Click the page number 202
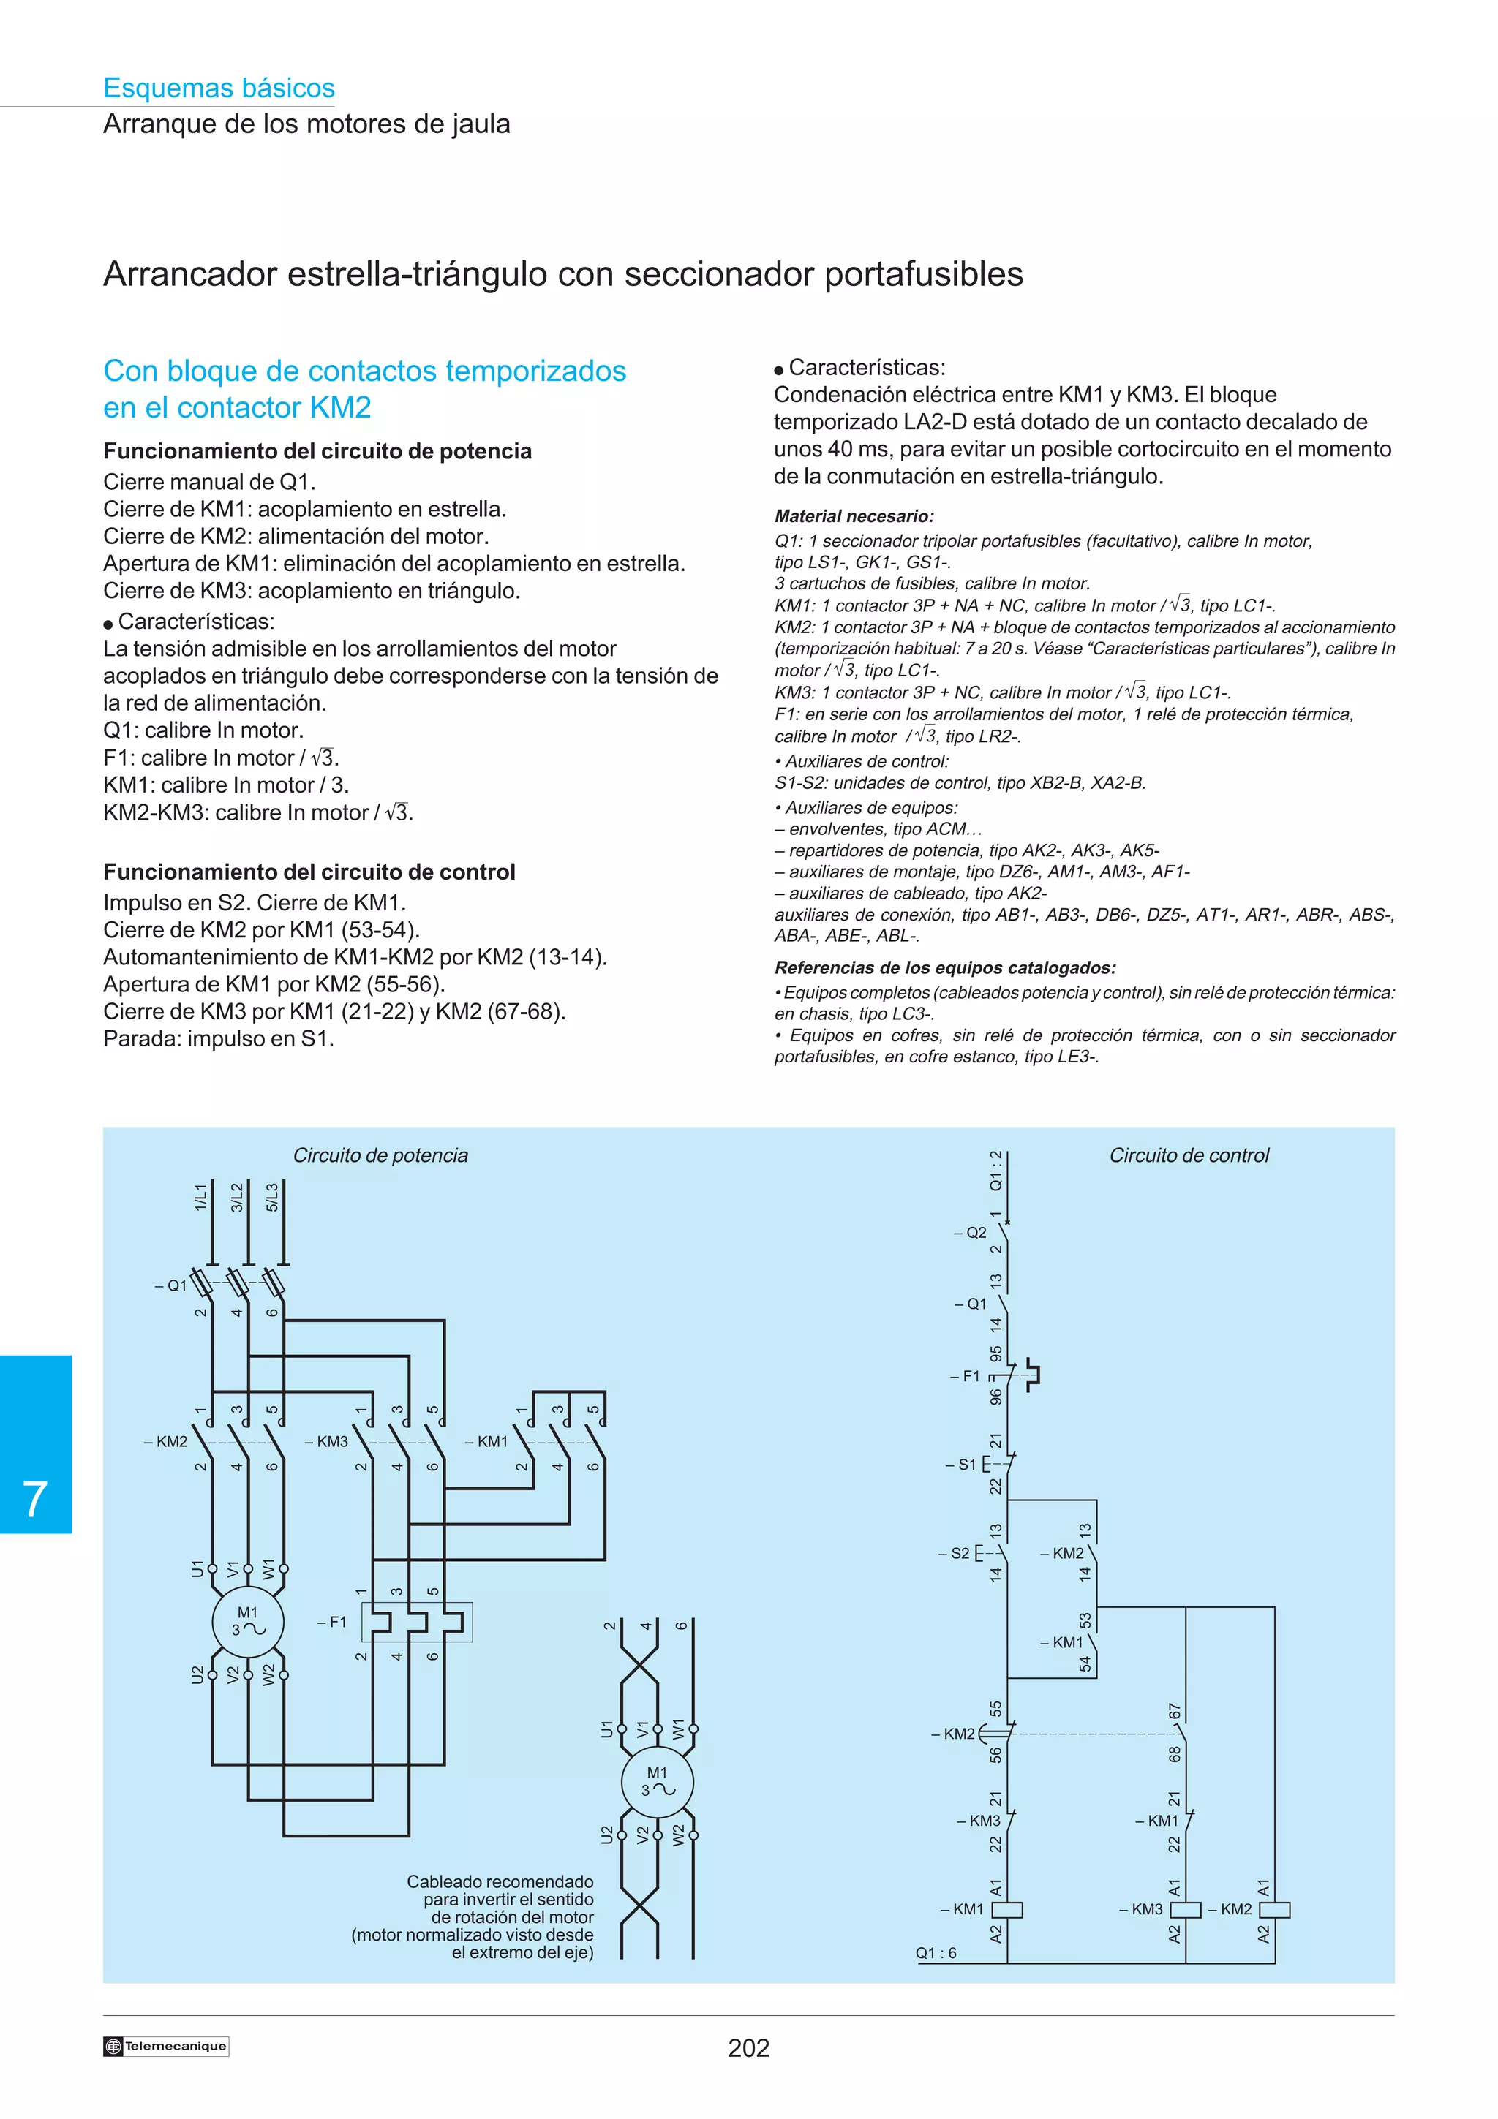(x=748, y=2048)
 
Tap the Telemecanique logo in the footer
(x=166, y=2046)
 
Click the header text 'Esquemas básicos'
(x=219, y=88)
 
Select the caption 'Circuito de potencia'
(x=380, y=1155)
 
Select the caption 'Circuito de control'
(x=1189, y=1155)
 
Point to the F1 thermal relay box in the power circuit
(x=416, y=1623)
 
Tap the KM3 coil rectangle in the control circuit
(x=1185, y=1909)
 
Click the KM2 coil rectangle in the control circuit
(x=1275, y=1909)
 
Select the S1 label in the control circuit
(x=963, y=1465)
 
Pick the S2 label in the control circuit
(x=957, y=1553)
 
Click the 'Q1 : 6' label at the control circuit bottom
(x=936, y=1953)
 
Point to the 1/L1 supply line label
(x=200, y=1197)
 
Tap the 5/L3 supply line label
(x=272, y=1197)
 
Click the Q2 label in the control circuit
(x=972, y=1233)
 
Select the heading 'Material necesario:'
(x=854, y=517)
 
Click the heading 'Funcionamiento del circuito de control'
(x=309, y=872)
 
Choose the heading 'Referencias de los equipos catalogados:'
(x=945, y=968)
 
